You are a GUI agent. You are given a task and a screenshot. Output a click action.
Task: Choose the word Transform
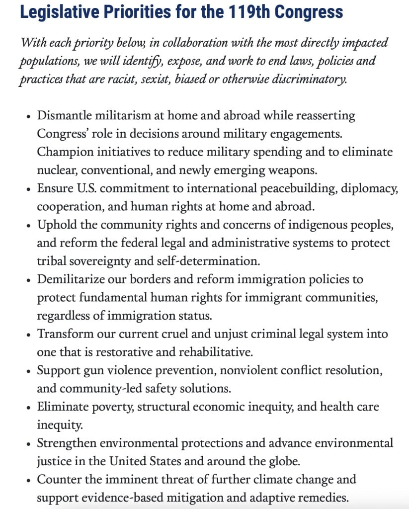point(63,334)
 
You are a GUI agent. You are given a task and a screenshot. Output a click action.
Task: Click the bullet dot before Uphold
point(28,225)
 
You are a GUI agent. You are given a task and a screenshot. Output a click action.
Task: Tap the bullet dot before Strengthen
point(28,443)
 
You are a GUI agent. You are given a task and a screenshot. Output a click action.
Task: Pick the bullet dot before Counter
point(28,480)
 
